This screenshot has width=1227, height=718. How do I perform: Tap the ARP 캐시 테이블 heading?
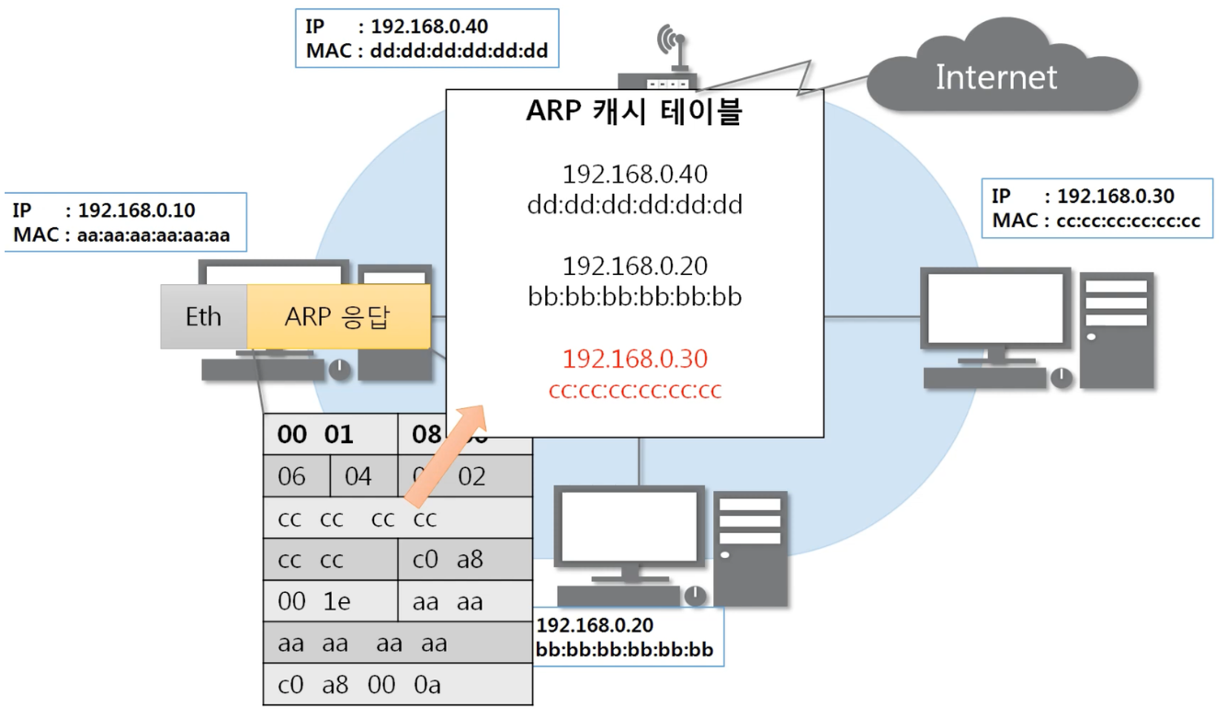coord(634,111)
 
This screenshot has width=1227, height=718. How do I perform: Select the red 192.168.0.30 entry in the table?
coord(634,359)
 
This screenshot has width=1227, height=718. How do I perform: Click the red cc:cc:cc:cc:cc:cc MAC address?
coord(634,391)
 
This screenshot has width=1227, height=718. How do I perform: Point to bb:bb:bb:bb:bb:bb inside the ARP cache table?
coord(634,298)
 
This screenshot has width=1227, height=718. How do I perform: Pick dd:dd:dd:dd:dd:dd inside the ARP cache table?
coord(634,205)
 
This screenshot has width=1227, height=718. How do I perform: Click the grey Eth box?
coord(203,317)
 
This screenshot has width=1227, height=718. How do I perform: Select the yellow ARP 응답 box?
coord(337,317)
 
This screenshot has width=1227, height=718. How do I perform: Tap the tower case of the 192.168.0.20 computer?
coord(751,546)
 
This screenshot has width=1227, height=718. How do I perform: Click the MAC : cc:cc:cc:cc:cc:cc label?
coord(1096,221)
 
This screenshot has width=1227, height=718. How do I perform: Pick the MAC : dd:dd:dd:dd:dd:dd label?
coord(426,51)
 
